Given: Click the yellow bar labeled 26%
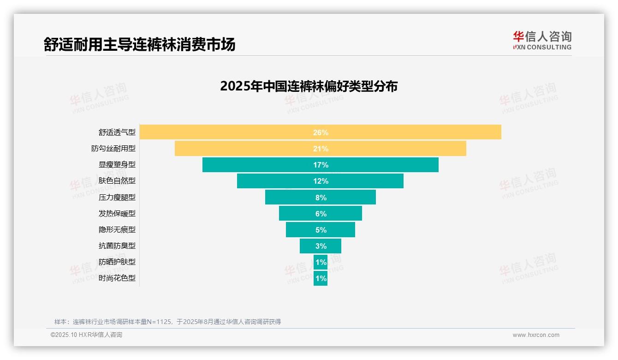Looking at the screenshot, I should click(320, 132).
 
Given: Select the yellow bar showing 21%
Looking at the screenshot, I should click(320, 149).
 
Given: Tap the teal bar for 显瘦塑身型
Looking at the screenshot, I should click(320, 165).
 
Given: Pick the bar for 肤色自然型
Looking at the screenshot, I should click(320, 181).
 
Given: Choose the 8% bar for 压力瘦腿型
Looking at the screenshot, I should click(320, 197).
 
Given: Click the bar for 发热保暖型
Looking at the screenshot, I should click(320, 213).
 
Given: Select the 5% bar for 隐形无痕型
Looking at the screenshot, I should click(320, 229).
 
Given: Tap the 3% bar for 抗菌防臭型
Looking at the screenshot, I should click(320, 246).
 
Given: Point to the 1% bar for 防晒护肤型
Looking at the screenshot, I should click(320, 262).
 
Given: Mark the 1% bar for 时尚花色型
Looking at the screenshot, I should click(320, 278).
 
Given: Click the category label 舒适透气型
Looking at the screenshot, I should click(117, 132).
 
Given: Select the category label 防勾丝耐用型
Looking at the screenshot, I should click(113, 149).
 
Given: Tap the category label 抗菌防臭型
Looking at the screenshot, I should click(117, 246).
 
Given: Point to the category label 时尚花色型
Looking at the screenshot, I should click(117, 278).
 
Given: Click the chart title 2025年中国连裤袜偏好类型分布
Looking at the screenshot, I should click(309, 87).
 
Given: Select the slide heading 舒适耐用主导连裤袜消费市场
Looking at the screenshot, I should click(139, 44).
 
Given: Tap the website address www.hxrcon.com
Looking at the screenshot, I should click(535, 335).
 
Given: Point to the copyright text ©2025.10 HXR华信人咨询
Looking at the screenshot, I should click(86, 335).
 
